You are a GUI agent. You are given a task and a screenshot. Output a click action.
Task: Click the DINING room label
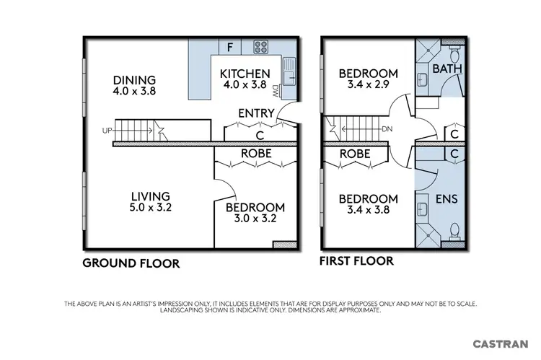pyautogui.click(x=135, y=80)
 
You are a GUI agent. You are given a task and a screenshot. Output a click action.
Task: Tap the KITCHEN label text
pyautogui.click(x=245, y=74)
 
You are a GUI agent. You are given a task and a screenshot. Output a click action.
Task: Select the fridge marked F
pyautogui.click(x=229, y=48)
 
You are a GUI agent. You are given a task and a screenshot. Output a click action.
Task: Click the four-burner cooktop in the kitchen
pyautogui.click(x=261, y=48)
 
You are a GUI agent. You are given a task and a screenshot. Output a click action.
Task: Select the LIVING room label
pyautogui.click(x=150, y=196)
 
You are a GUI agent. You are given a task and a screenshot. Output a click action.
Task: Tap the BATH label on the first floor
pyautogui.click(x=447, y=69)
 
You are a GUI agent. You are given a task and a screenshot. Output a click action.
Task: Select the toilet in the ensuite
pyautogui.click(x=454, y=230)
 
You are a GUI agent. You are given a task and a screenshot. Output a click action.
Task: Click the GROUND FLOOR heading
pyautogui.click(x=131, y=263)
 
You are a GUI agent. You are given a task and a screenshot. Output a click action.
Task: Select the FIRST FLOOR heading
pyautogui.click(x=356, y=260)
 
